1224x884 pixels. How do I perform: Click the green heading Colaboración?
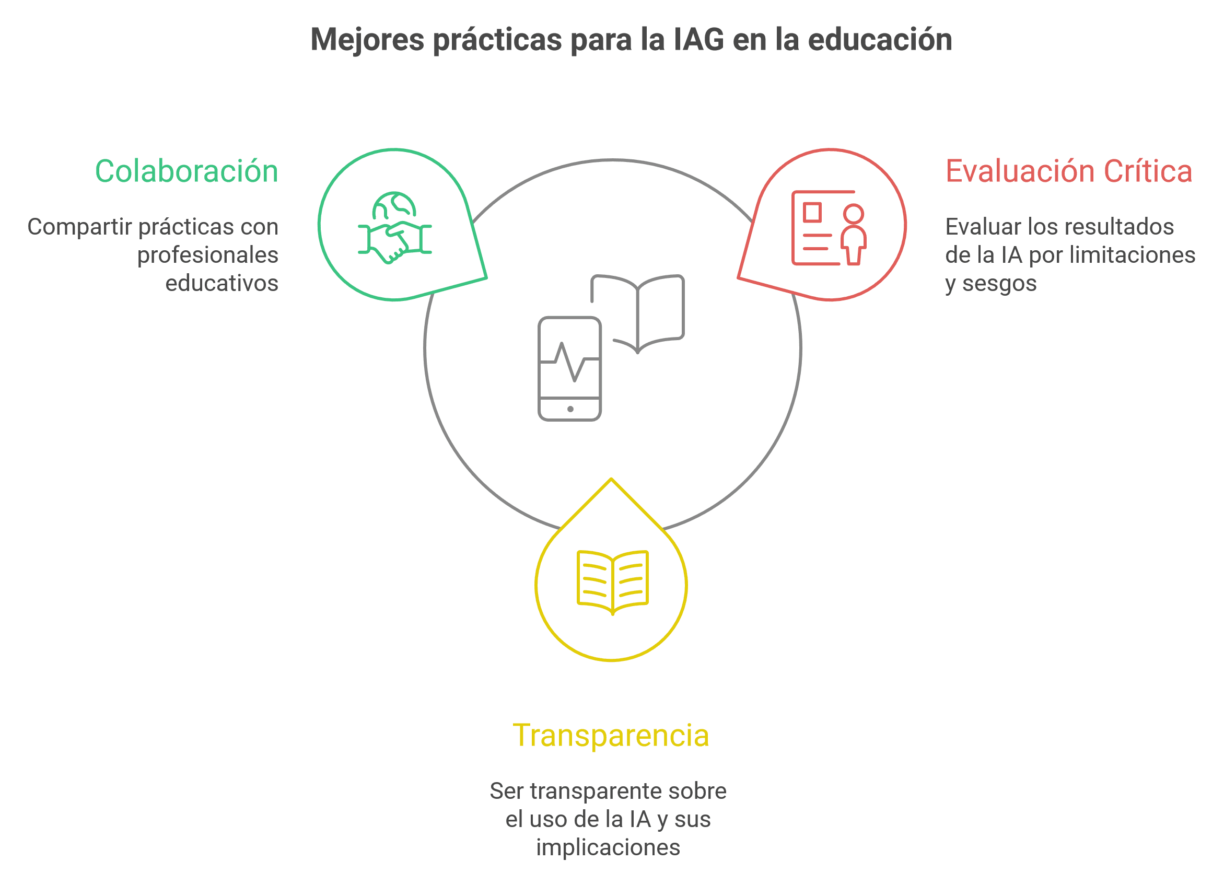pyautogui.click(x=186, y=171)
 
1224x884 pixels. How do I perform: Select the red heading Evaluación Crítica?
pyautogui.click(x=1068, y=171)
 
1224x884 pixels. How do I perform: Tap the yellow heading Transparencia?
pyautogui.click(x=610, y=735)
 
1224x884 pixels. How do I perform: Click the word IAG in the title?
pyautogui.click(x=698, y=40)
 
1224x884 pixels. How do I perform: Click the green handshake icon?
pyautogui.click(x=394, y=241)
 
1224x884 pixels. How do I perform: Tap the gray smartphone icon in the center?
pyautogui.click(x=570, y=369)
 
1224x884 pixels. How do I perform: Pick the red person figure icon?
pyautogui.click(x=853, y=235)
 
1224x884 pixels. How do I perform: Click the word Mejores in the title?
pyautogui.click(x=367, y=40)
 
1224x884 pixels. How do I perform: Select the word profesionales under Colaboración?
pyautogui.click(x=208, y=255)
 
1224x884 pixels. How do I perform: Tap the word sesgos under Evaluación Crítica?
pyautogui.click(x=999, y=283)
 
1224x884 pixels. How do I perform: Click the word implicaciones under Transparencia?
pyautogui.click(x=608, y=847)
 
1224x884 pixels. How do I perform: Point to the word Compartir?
pyautogui.click(x=79, y=227)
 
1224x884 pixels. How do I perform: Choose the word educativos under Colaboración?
pyautogui.click(x=222, y=283)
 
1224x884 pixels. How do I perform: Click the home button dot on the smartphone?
pyautogui.click(x=570, y=409)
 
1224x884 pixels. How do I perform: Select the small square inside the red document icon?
pyautogui.click(x=812, y=212)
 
